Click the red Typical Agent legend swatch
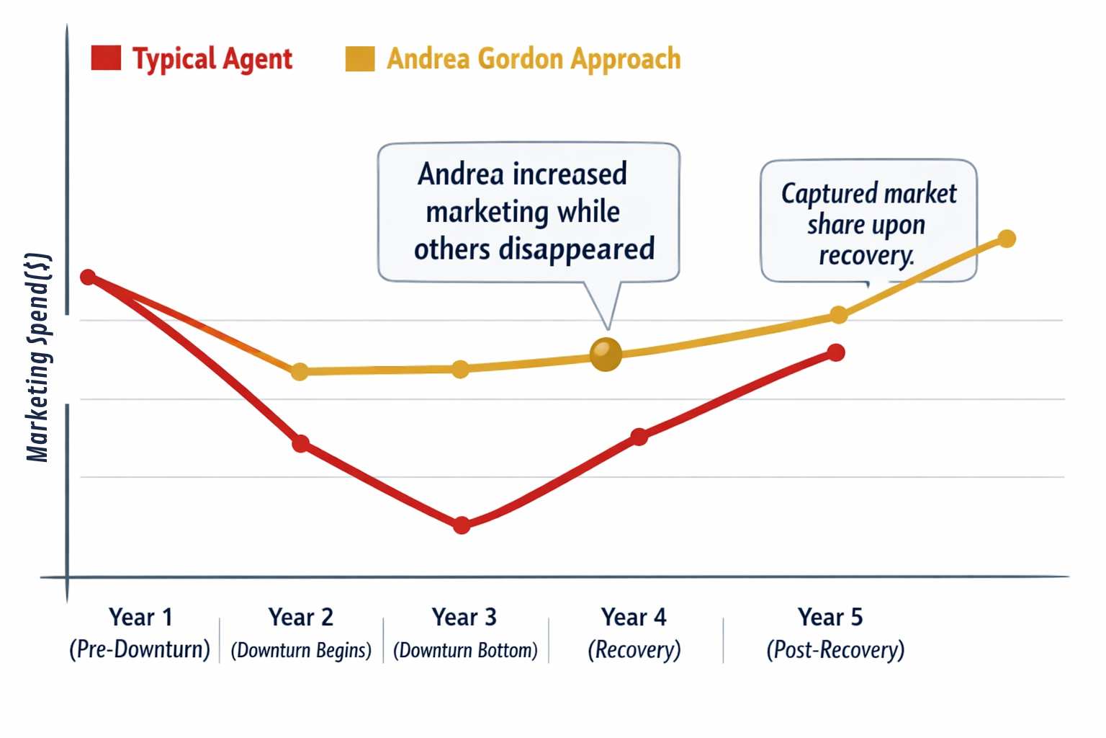[x=106, y=58]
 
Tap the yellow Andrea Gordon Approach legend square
[x=359, y=58]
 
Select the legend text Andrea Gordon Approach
[x=533, y=59]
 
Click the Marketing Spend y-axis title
[x=37, y=357]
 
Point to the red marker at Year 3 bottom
[x=462, y=525]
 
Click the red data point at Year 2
[x=300, y=443]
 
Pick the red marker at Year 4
[x=639, y=436]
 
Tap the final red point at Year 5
[x=835, y=352]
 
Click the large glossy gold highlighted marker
[x=606, y=354]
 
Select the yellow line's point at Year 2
[x=300, y=372]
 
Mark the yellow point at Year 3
[x=460, y=370]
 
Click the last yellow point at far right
[x=1007, y=239]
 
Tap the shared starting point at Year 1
[x=88, y=277]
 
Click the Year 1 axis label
[x=140, y=617]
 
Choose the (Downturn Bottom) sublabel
[x=465, y=650]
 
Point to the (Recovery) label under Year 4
[x=634, y=650]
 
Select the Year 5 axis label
[x=829, y=617]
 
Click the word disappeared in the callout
[x=576, y=249]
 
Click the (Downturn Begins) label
[x=301, y=650]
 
